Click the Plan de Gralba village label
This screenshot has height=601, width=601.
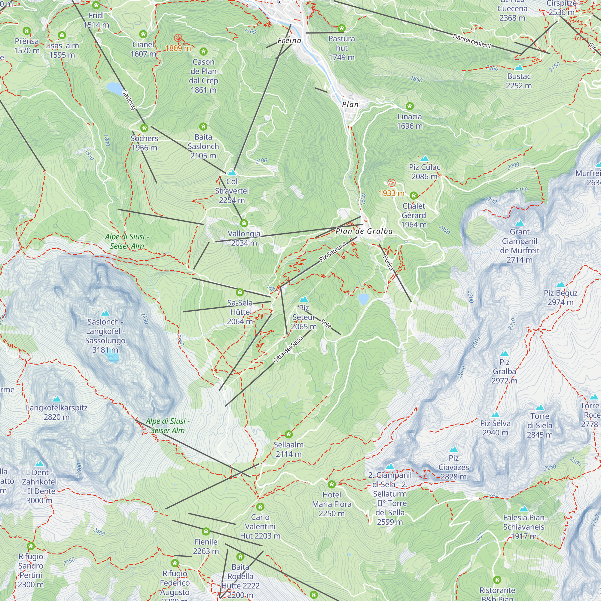(x=364, y=231)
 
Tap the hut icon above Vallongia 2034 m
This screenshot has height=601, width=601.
(x=244, y=223)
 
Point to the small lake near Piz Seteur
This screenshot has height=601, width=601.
(x=363, y=299)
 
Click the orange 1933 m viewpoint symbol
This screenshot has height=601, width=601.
(x=391, y=183)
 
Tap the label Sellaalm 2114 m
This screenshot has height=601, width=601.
(x=288, y=449)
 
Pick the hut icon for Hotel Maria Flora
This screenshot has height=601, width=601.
(x=332, y=484)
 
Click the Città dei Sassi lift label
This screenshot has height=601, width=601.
(x=288, y=349)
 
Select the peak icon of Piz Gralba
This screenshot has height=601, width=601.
(x=504, y=353)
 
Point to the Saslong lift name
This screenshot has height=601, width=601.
(x=129, y=100)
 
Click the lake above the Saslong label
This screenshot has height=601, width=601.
(x=114, y=88)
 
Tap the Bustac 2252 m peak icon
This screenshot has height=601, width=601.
(x=519, y=68)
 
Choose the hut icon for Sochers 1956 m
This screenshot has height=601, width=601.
(x=144, y=128)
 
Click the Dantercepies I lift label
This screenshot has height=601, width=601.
(x=471, y=41)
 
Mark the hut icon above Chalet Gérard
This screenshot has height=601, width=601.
(x=413, y=196)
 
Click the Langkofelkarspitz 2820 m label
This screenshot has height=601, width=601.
(x=56, y=412)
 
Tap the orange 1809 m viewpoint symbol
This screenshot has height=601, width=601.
(x=178, y=38)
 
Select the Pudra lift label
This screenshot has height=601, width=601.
(x=388, y=263)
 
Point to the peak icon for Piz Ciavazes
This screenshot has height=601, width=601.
(x=453, y=449)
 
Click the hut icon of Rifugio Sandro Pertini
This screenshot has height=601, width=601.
(x=30, y=546)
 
